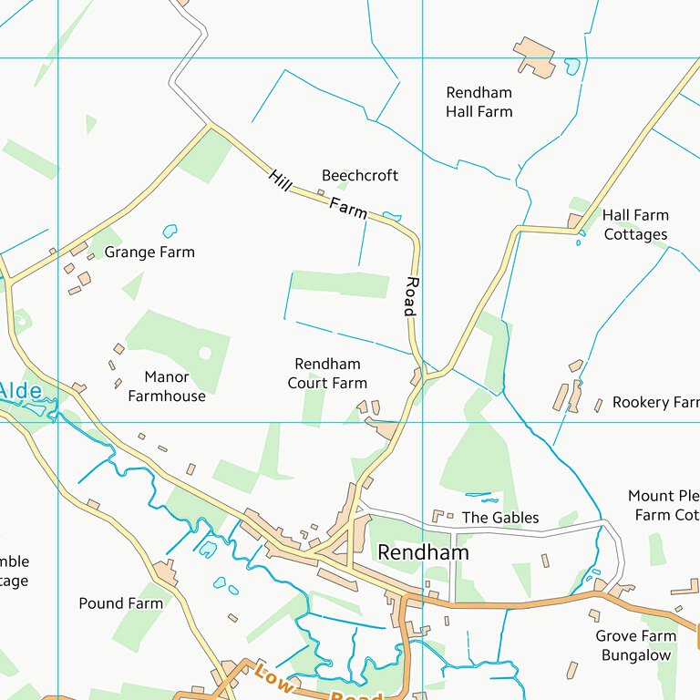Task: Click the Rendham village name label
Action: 423,552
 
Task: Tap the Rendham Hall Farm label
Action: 479,102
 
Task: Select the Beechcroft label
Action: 360,175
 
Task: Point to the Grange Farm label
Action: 149,252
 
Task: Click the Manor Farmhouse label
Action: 167,386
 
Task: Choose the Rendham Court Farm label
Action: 327,374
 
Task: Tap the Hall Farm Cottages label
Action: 635,225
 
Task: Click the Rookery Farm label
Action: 655,402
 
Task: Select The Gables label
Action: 500,518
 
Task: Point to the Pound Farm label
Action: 120,603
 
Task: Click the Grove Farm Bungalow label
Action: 635,645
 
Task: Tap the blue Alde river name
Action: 20,392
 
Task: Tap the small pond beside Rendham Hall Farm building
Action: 571,67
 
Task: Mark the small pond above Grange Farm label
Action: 170,232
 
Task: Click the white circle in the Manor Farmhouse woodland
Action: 205,353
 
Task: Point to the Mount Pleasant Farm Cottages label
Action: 664,506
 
